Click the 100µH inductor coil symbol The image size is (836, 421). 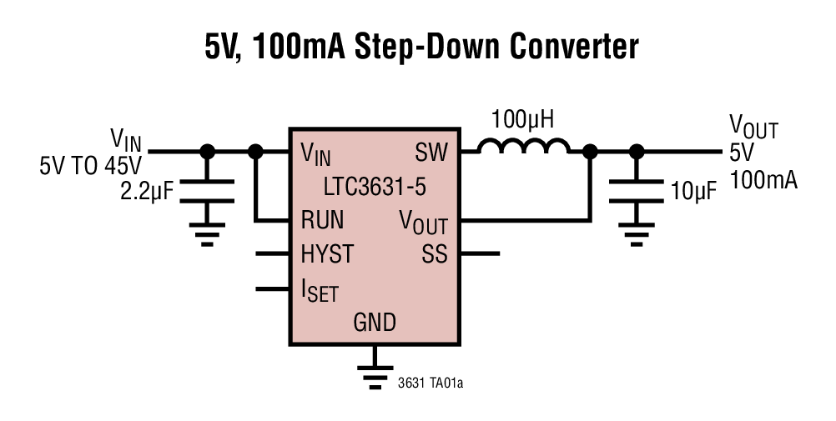click(523, 148)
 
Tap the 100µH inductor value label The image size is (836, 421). click(523, 119)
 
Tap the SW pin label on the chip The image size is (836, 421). click(431, 153)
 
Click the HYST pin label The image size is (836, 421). click(326, 253)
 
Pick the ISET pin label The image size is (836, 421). click(320, 290)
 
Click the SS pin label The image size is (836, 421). click(434, 253)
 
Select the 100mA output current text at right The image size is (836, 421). click(763, 179)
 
